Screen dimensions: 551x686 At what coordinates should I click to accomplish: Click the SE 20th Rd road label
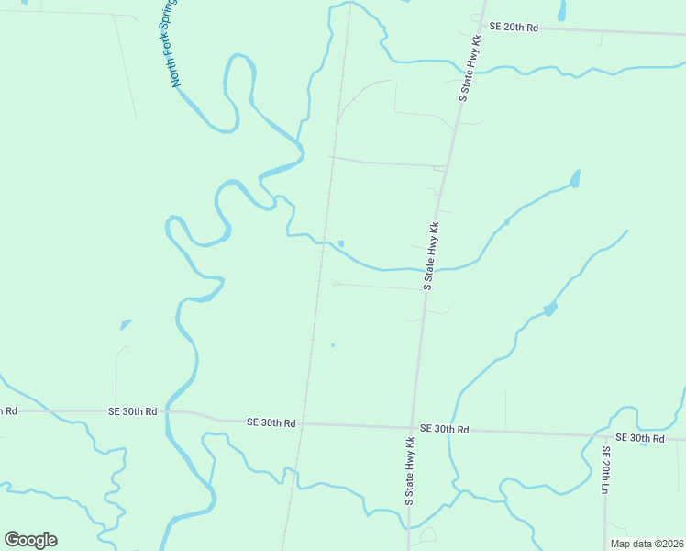[513, 28]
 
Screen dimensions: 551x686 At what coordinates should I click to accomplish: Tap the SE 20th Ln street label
[605, 471]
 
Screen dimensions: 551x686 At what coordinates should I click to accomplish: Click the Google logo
[31, 540]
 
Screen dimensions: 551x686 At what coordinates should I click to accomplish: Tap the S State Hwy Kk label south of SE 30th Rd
[410, 471]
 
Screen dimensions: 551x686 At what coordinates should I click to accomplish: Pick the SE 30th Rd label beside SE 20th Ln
[639, 439]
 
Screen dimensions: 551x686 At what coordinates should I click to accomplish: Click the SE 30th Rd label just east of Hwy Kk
[445, 430]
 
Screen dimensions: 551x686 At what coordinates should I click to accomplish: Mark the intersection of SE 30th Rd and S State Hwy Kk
[412, 427]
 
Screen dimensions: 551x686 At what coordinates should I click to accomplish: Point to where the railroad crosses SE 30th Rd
[302, 423]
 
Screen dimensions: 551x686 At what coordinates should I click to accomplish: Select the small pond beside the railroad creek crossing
[341, 243]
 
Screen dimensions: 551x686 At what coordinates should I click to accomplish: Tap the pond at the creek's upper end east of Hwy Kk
[575, 177]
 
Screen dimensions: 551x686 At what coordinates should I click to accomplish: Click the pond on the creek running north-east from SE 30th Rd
[550, 309]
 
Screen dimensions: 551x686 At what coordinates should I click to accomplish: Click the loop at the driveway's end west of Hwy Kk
[336, 284]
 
